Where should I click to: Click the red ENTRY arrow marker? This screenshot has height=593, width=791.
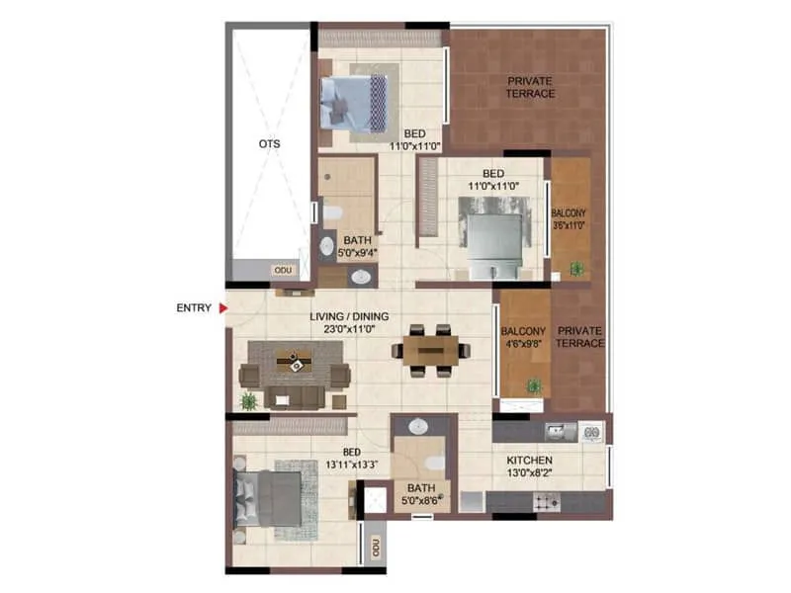pos(223,308)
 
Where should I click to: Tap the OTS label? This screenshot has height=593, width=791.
pos(269,144)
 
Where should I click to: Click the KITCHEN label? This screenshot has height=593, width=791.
pos(529,462)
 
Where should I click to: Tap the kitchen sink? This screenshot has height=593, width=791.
pos(557,430)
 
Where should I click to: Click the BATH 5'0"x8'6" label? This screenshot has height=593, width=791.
pos(413,493)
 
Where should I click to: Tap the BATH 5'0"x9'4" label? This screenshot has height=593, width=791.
pos(354,246)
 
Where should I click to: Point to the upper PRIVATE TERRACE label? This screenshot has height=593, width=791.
pos(531,87)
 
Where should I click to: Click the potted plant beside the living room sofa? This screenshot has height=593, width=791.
pos(248,400)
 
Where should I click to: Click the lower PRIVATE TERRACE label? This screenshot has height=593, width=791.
pos(579,337)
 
